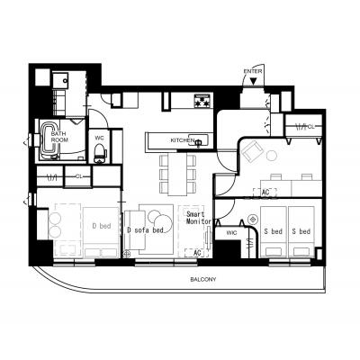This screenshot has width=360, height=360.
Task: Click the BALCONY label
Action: click(203, 280)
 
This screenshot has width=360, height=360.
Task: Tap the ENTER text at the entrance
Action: click(253, 71)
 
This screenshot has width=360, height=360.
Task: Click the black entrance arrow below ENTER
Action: click(254, 81)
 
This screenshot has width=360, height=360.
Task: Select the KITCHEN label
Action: click(182, 140)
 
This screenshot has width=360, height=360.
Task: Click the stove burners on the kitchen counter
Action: click(202, 101)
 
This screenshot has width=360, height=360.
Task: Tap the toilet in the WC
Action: click(99, 153)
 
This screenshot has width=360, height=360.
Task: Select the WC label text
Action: click(99, 138)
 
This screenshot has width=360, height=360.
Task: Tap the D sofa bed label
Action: click(145, 230)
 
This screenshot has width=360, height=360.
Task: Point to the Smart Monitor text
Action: click(199, 218)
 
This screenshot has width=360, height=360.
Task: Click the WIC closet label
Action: click(231, 233)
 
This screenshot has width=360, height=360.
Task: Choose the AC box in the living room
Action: click(197, 253)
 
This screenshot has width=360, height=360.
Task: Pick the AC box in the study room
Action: click(265, 193)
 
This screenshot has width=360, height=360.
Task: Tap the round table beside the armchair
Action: click(272, 157)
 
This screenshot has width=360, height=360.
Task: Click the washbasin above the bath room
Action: click(61, 80)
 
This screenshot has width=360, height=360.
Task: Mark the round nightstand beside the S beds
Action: click(253, 220)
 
